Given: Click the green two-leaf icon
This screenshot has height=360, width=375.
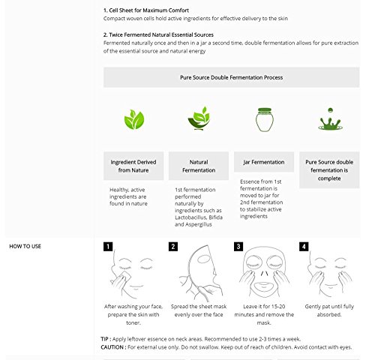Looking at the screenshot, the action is coord(134,119).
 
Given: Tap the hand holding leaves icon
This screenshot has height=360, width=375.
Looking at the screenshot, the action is coord(199,118).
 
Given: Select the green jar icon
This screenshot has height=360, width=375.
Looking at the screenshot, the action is coord(265,119).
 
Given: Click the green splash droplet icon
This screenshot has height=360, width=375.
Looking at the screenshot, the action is coord(330,119).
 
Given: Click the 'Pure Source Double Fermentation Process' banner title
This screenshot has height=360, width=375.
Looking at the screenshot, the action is coord(232,77).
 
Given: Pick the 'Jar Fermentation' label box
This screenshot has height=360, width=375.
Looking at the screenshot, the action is coord(264,162).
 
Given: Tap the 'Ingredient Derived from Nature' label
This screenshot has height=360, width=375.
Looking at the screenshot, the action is coord(133,166).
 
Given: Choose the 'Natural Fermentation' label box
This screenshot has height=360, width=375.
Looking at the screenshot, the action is coord(199,166).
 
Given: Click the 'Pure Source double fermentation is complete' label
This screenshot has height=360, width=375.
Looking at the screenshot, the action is coord(329,170).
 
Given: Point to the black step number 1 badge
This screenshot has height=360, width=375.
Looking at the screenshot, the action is coord(108,247).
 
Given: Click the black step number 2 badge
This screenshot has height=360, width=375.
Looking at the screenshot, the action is coord(173,247).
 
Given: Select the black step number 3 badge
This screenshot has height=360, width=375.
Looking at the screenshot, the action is coord(238,247).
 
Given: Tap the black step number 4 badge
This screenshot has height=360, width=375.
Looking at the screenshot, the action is coord(304,247).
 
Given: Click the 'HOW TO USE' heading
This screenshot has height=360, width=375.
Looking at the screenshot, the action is coord(25,246).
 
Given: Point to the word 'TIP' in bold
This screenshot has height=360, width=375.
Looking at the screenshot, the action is coord(105,339).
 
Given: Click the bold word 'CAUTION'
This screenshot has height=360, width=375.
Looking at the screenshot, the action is coord(112,347).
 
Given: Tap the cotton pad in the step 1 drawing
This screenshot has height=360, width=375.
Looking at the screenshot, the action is coord(124,277).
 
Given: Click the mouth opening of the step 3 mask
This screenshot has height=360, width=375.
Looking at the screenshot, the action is coord(264,285).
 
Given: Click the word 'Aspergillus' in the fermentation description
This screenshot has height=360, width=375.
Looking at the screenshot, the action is coord(198,224).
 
